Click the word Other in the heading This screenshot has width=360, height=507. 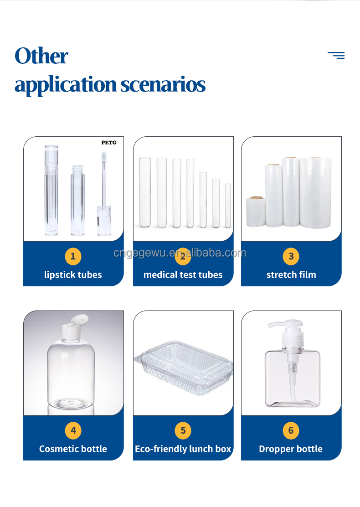[x=41, y=56]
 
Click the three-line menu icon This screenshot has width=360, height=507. [x=336, y=55]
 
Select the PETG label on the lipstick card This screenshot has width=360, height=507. [x=109, y=142]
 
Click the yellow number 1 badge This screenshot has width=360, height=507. [x=73, y=256]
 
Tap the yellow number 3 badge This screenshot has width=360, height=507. [x=291, y=256]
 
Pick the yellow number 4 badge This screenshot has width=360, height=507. [x=73, y=431]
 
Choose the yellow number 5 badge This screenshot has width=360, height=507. [x=183, y=431]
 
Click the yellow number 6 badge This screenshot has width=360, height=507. [x=291, y=431]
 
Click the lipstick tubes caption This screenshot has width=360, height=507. [x=73, y=275]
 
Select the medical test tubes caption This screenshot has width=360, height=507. [x=183, y=275]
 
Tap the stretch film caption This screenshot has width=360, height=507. [x=291, y=275]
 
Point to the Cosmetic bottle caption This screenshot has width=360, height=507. [x=73, y=449]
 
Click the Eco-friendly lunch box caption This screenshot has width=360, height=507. [x=183, y=449]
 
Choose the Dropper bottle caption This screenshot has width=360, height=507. [x=291, y=449]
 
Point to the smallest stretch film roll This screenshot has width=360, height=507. [x=256, y=212]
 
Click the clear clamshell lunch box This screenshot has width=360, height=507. [x=183, y=367]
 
